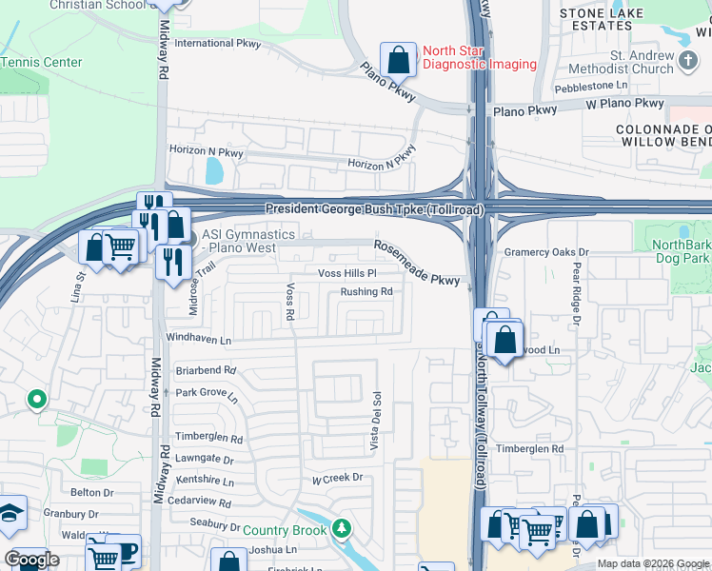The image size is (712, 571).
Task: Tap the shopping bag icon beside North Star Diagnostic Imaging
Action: click(x=399, y=59)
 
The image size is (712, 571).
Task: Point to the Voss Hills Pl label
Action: click(x=347, y=273)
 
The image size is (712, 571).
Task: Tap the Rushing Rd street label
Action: click(x=366, y=292)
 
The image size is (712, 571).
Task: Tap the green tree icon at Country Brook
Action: click(x=342, y=528)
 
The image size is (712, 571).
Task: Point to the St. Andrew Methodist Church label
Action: click(x=616, y=62)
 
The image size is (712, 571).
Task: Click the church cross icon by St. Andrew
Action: click(x=689, y=62)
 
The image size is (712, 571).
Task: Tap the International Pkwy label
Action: click(x=217, y=43)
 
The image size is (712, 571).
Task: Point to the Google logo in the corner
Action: click(x=31, y=560)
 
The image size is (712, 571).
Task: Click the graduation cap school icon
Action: click(x=10, y=514)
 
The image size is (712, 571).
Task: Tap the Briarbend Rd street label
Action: click(x=205, y=370)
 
